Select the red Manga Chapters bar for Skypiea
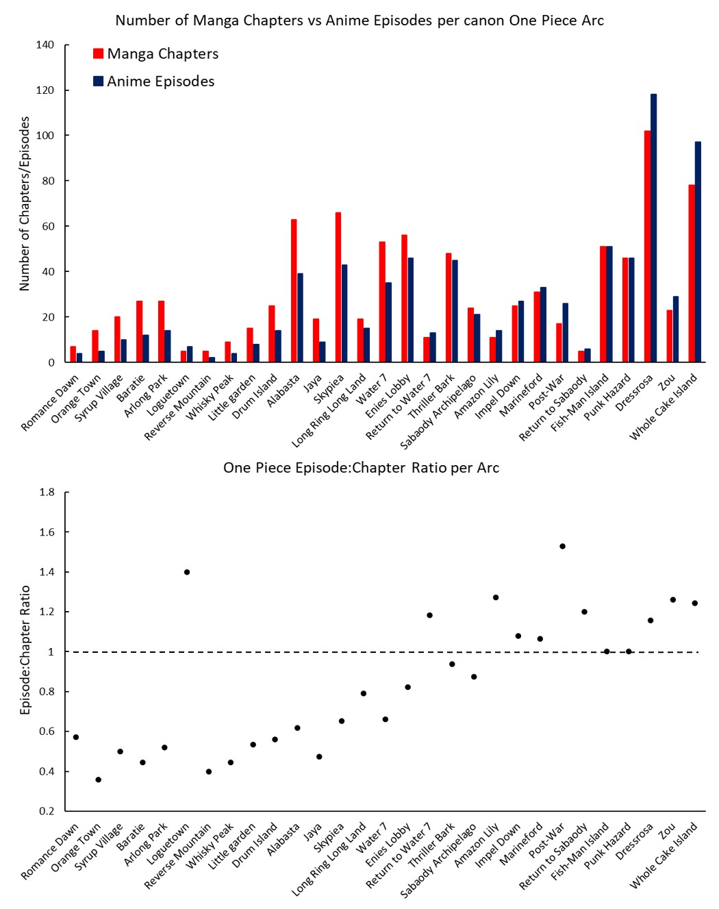click(338, 287)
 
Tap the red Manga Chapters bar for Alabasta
click(294, 290)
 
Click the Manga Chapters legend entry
click(156, 53)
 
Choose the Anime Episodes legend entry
click(154, 82)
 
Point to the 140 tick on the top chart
click(45, 45)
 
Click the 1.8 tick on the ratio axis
click(47, 492)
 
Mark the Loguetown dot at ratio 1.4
click(187, 572)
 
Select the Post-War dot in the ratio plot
click(562, 546)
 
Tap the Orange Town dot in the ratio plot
click(99, 780)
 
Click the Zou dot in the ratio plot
click(672, 599)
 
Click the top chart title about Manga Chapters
click(359, 21)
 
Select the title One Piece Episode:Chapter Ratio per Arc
click(361, 468)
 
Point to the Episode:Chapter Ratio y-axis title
click(25, 649)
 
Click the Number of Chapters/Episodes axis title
click(25, 203)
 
